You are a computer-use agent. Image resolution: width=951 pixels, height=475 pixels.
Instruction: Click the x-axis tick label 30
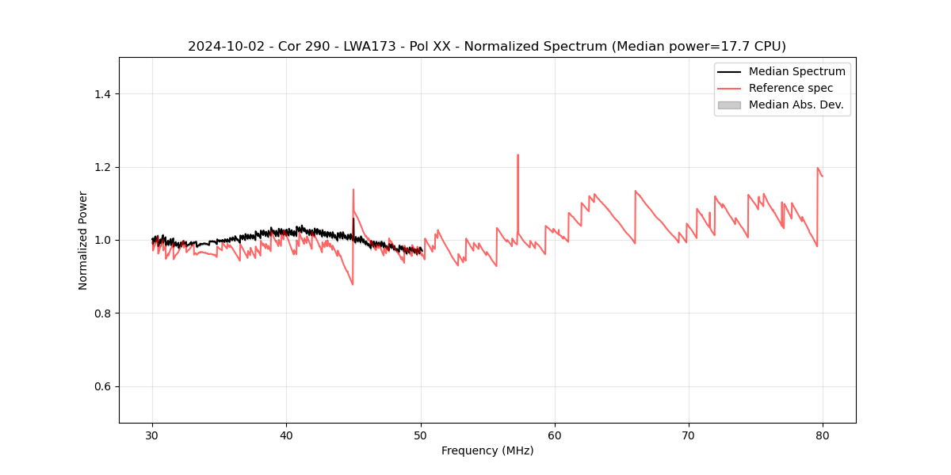coord(152,435)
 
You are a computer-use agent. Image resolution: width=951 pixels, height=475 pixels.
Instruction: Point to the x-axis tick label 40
coord(286,435)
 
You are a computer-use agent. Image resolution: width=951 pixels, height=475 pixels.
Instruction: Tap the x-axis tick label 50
coord(421,435)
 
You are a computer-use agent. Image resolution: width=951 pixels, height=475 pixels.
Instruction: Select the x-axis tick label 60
coord(555,435)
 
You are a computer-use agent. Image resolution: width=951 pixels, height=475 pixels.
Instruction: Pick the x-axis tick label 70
coord(689,435)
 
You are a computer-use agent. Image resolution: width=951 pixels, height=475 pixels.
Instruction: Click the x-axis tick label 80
coord(823,435)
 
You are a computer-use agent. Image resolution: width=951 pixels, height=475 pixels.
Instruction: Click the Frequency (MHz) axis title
coord(487,450)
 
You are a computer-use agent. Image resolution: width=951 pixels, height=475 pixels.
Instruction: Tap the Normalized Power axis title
coord(83,240)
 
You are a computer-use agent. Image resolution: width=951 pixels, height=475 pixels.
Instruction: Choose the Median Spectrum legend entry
coord(796,71)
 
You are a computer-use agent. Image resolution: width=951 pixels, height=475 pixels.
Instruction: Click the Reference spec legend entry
coord(790,88)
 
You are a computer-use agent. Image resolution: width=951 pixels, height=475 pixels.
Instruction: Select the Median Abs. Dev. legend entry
coord(796,104)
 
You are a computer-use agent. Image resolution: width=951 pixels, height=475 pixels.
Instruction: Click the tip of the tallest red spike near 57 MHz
coord(518,155)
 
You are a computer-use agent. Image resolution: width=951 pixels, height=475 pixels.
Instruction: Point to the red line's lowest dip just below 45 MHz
coord(353,284)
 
